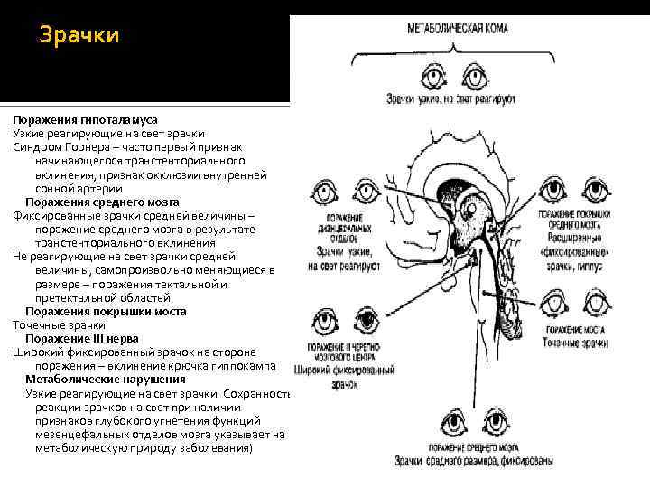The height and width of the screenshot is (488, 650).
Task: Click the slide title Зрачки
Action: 79,37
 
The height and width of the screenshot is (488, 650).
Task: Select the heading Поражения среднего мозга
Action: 102,202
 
